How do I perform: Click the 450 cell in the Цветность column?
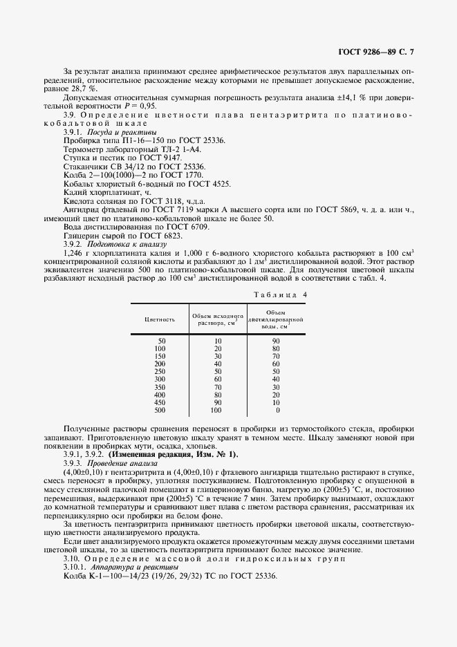[160, 402]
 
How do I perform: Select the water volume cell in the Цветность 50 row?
[276, 341]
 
